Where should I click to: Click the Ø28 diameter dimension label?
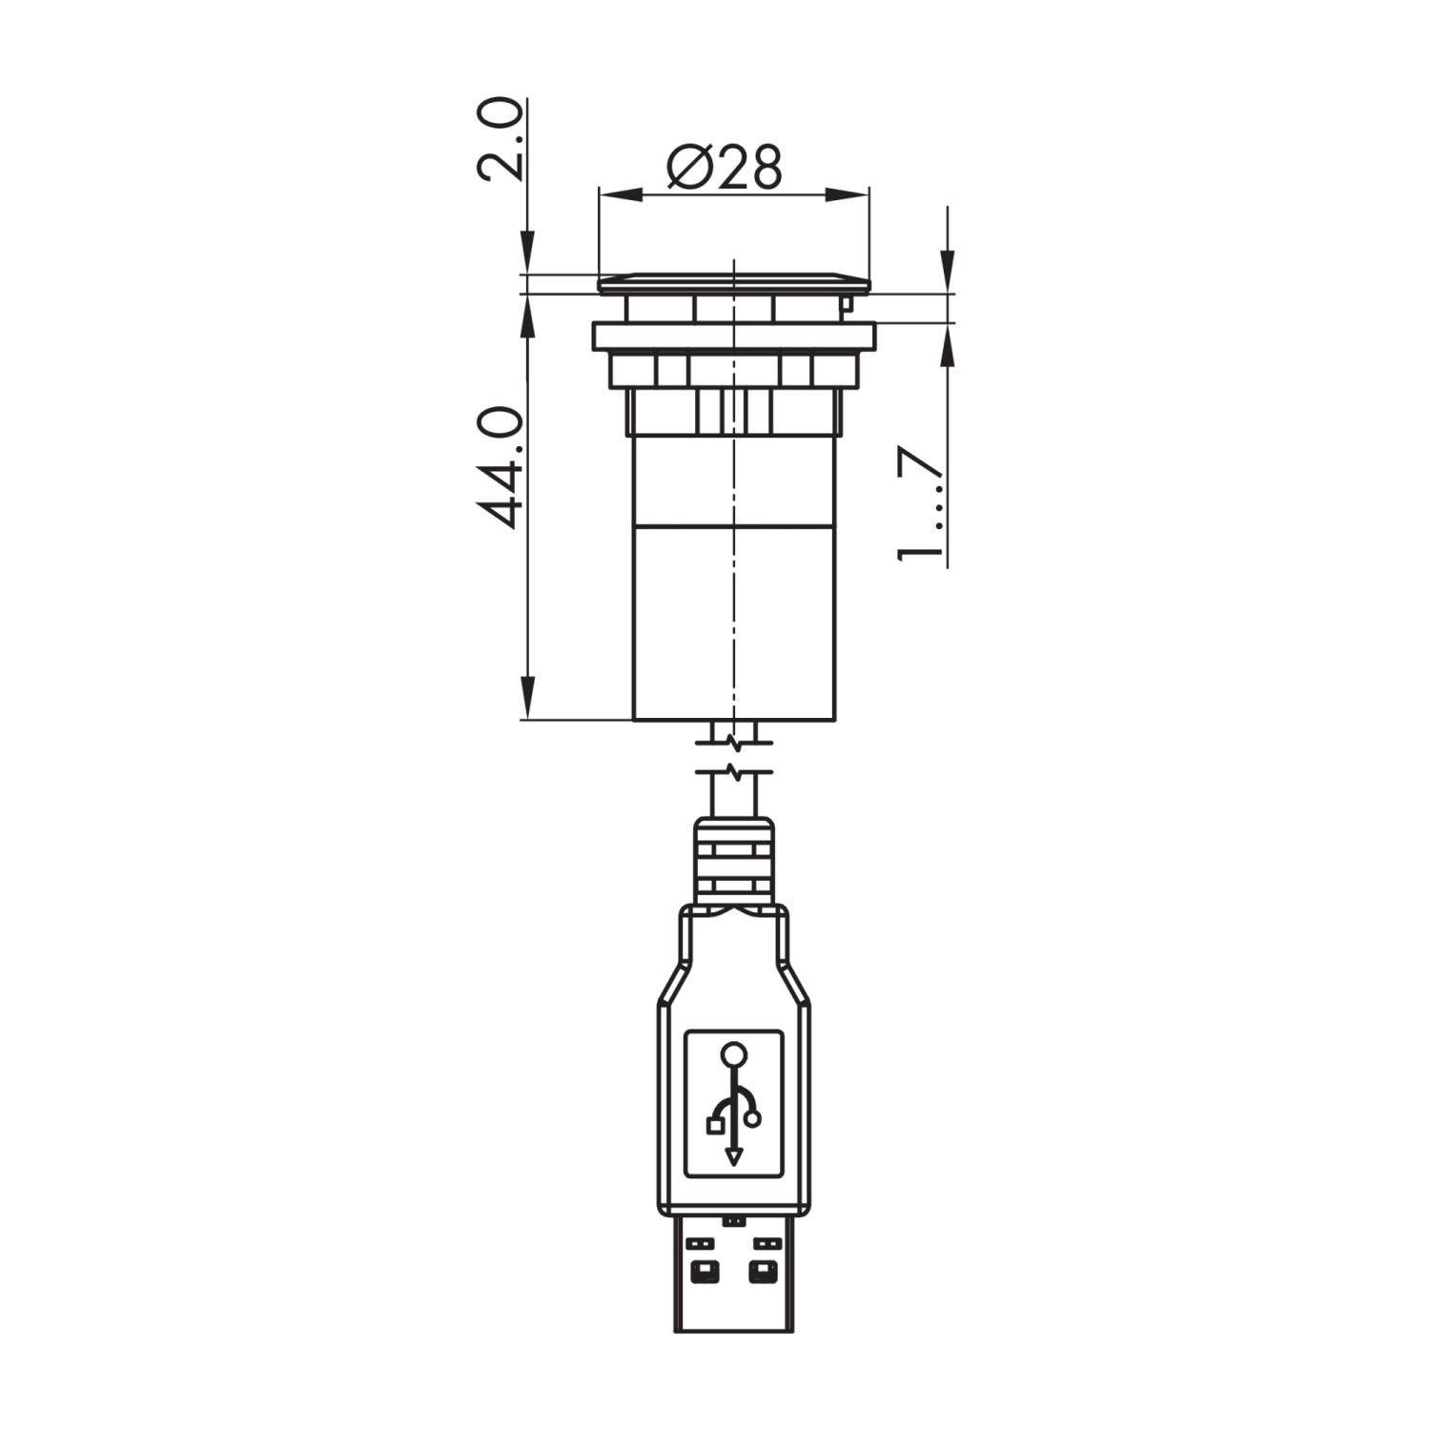coord(725,168)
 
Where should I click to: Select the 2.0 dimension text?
coord(500,139)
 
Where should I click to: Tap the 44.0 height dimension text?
coord(500,467)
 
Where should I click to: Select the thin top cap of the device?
coord(733,282)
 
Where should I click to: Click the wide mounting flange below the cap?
coord(733,337)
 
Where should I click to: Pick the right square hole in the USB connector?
coord(761,1271)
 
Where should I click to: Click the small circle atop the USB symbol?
coord(733,1054)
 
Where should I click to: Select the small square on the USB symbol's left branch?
coord(714,1127)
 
